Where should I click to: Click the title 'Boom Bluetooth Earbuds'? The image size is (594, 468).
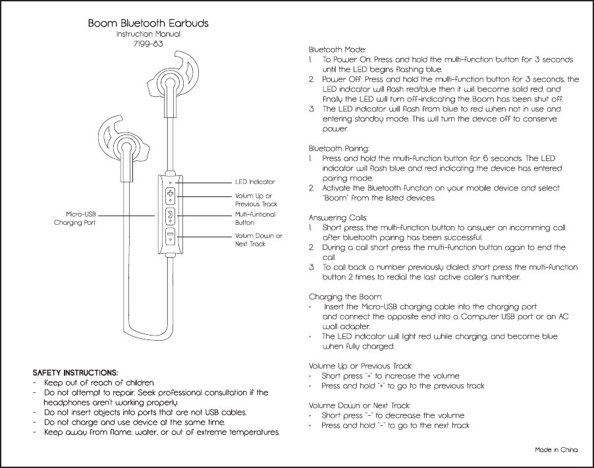(x=148, y=23)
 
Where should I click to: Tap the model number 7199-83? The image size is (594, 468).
(x=148, y=44)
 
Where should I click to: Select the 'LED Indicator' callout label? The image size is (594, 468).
(x=255, y=181)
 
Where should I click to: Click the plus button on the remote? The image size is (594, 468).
(x=171, y=194)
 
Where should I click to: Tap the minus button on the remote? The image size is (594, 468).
(x=171, y=235)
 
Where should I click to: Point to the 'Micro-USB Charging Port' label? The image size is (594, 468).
(x=75, y=219)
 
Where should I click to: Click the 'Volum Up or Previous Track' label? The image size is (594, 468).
(x=256, y=200)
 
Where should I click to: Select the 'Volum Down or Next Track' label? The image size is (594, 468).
(x=258, y=240)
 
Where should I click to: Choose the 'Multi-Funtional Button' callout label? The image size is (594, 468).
(x=255, y=219)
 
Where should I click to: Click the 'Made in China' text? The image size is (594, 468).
(x=556, y=450)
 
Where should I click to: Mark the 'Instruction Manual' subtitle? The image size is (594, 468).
(x=148, y=34)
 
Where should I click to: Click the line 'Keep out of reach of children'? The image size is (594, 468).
(x=99, y=383)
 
